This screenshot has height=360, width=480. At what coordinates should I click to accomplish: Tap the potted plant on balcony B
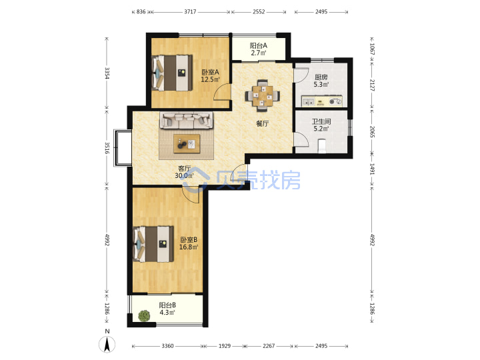pos(144,315)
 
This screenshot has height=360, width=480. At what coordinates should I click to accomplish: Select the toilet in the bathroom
pos(322,146)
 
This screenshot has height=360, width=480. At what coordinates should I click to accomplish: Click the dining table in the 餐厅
pos(263,96)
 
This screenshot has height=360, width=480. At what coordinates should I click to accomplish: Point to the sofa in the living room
pos(186,120)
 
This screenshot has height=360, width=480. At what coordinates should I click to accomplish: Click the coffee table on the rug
pos(187,143)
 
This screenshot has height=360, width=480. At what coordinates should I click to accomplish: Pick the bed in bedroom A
pos(172,73)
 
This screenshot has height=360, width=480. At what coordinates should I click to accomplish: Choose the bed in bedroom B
pos(153,244)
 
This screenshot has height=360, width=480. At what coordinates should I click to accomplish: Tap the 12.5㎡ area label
pos(210,79)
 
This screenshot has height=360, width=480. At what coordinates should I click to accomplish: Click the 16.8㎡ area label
pos(189,247)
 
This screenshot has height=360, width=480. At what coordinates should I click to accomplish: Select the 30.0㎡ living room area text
pos(184,176)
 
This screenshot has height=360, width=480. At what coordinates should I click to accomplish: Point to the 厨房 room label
pos(321,77)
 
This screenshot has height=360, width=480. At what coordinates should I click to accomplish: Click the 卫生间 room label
pos(321,121)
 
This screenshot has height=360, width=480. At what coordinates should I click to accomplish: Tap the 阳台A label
pos(259,45)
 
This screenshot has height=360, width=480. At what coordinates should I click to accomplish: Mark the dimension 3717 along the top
pos(190,11)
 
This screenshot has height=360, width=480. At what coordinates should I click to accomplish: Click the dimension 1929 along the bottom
pos(225,346)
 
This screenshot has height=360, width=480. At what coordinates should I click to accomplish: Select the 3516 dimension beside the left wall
pos(107,147)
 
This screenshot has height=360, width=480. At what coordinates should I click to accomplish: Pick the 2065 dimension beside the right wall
pos(372,131)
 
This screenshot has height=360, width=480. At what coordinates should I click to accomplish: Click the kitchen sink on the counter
pos(308,101)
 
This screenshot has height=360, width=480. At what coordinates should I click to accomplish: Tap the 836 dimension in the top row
pos(141,11)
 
